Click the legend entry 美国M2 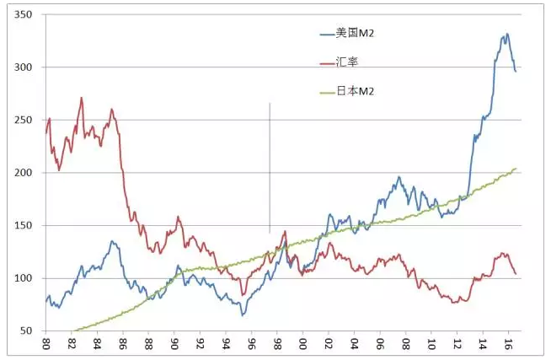pos(353,33)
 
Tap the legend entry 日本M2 pos(353,90)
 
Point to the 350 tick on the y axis pos(24,15)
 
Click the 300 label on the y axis pos(24,67)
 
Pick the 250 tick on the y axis pos(24,121)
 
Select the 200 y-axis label pos(24,173)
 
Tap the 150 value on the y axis pos(24,226)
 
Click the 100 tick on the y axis pos(24,278)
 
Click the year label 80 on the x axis pos(45,344)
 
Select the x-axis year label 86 pos(123,344)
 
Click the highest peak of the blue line pos(506,35)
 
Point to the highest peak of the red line pos(82,98)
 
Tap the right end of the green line pos(516,169)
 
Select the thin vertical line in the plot pos(270,169)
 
